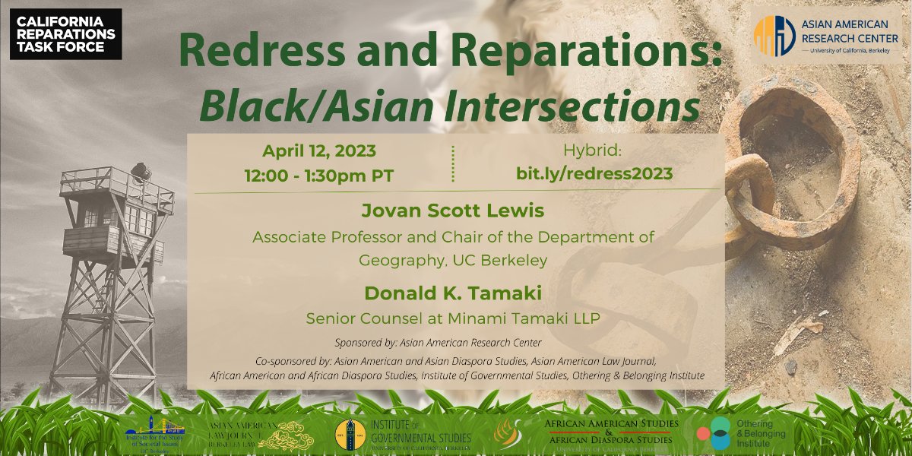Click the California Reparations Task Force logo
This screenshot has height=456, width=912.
pyautogui.click(x=65, y=34)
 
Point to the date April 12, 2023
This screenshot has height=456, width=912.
pyautogui.click(x=319, y=150)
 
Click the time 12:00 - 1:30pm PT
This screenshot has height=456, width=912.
pyautogui.click(x=319, y=175)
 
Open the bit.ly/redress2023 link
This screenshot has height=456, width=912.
pyautogui.click(x=594, y=173)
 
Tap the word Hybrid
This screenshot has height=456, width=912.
pyautogui.click(x=594, y=150)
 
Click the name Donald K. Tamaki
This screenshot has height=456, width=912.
pyautogui.click(x=453, y=293)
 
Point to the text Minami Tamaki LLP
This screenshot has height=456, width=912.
pyautogui.click(x=537, y=318)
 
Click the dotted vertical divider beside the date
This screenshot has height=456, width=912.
pyautogui.click(x=453, y=163)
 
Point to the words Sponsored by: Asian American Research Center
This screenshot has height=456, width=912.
pyautogui.click(x=438, y=342)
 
